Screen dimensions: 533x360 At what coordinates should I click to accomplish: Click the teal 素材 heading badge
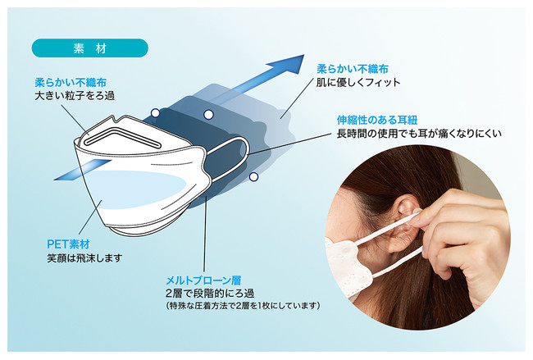coord(89,48)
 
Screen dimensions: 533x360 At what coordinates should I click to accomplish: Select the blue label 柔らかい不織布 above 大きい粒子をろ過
coord(71,83)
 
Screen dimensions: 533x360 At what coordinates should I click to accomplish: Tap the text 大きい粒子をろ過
coord(75,96)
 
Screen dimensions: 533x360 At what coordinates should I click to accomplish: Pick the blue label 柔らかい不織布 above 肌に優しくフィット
coord(353,69)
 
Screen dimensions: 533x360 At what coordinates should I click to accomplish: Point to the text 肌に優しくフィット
coord(358,82)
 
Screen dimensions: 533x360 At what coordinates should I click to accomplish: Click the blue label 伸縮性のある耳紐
coord(377,120)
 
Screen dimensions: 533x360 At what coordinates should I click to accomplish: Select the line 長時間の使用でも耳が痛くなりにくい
coord(419,134)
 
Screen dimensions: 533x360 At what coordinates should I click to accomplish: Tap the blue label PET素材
coord(68,244)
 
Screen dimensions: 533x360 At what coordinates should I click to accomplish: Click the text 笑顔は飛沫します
coord(84,258)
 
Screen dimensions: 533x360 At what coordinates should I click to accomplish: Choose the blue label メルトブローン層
coord(203,280)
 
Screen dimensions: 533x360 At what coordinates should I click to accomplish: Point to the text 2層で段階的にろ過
coord(210,294)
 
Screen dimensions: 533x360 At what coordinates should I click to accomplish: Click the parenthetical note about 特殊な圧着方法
coord(243,306)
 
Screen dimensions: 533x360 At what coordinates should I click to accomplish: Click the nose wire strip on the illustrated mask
coord(122,137)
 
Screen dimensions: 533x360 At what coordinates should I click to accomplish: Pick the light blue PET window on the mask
coord(136,189)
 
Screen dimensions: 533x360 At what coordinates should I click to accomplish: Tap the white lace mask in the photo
coord(347,268)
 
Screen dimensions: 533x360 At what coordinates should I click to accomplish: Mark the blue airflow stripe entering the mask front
coord(83,170)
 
